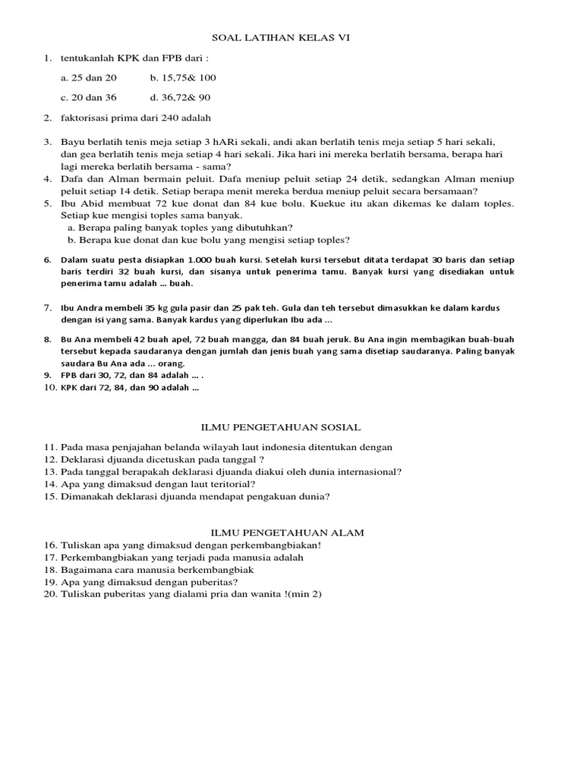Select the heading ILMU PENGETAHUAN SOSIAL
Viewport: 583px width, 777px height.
[x=286, y=428]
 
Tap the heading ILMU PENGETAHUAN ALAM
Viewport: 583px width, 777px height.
[x=286, y=533]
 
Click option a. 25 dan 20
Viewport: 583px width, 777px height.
[x=89, y=77]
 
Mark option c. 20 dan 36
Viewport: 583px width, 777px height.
[x=89, y=97]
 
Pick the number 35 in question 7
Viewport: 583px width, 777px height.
[x=128, y=308]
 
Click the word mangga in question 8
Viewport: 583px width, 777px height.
[x=235, y=340]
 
